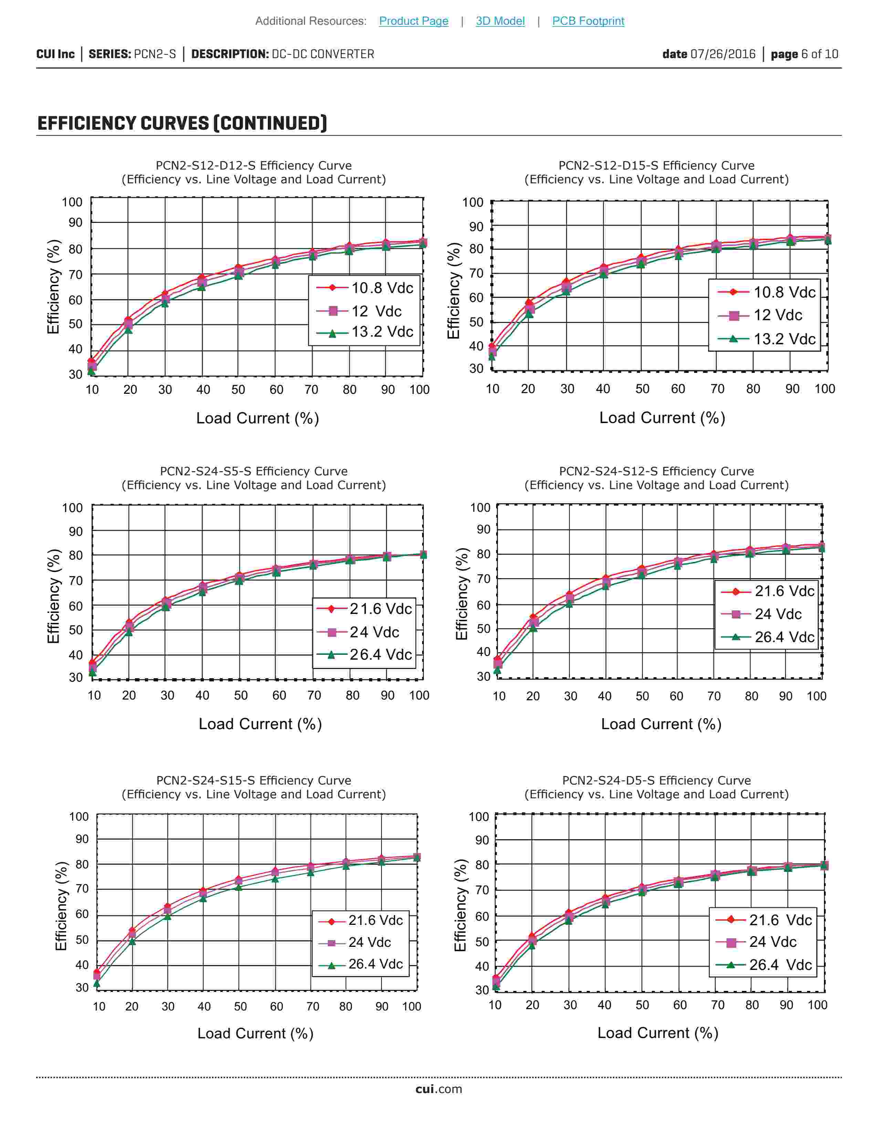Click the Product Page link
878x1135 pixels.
point(414,21)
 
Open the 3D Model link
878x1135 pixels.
point(500,21)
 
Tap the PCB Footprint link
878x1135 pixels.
point(588,21)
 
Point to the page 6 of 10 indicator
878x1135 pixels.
point(804,54)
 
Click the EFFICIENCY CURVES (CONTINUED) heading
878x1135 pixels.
point(182,124)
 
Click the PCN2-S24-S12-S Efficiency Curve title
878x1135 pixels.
point(656,471)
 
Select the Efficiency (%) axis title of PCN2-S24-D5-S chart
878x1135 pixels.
point(460,905)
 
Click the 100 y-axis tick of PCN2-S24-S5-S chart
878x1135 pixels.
point(72,508)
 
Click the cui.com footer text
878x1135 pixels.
point(438,1089)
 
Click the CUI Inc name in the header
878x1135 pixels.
point(55,54)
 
